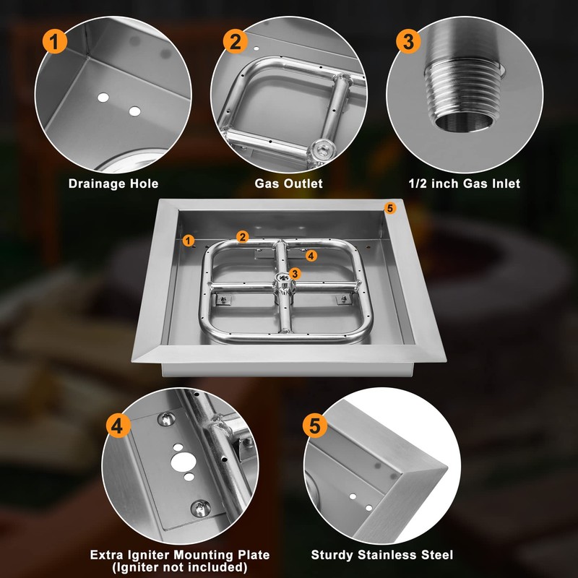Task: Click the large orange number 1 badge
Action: pyautogui.click(x=56, y=41)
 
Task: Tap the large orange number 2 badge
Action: pyautogui.click(x=235, y=41)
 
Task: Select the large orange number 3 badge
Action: pyautogui.click(x=408, y=41)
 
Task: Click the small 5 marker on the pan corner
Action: pyautogui.click(x=390, y=209)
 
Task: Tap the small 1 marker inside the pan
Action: pyautogui.click(x=189, y=240)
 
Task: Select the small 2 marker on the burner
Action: pyautogui.click(x=243, y=236)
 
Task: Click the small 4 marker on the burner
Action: pyautogui.click(x=310, y=255)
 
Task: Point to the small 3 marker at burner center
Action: pyautogui.click(x=293, y=272)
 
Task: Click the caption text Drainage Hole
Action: pyautogui.click(x=113, y=184)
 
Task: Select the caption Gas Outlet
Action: pyautogui.click(x=288, y=184)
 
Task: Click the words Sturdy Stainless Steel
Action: pyautogui.click(x=382, y=555)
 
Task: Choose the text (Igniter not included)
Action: pyautogui.click(x=180, y=567)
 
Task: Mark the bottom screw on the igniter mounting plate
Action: pyautogui.click(x=198, y=508)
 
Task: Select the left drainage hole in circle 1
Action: pyautogui.click(x=104, y=97)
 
